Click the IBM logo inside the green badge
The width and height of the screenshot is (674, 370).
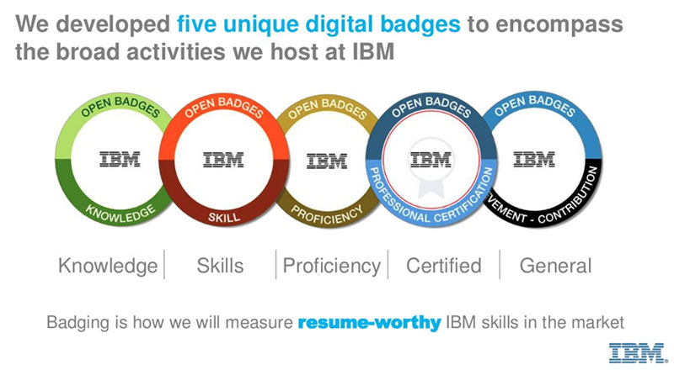119,159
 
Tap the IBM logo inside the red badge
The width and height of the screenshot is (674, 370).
223,159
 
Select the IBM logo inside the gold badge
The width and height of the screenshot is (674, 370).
326,160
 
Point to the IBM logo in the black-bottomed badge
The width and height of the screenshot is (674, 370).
533,158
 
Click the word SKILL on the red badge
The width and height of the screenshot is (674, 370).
223,217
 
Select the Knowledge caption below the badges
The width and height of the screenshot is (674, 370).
107,266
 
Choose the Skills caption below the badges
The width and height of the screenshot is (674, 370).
220,266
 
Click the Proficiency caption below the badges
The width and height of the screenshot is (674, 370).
331,266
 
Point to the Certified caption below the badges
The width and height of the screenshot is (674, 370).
443,266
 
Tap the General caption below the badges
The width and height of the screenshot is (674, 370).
555,266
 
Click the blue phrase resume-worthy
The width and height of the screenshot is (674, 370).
369,322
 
